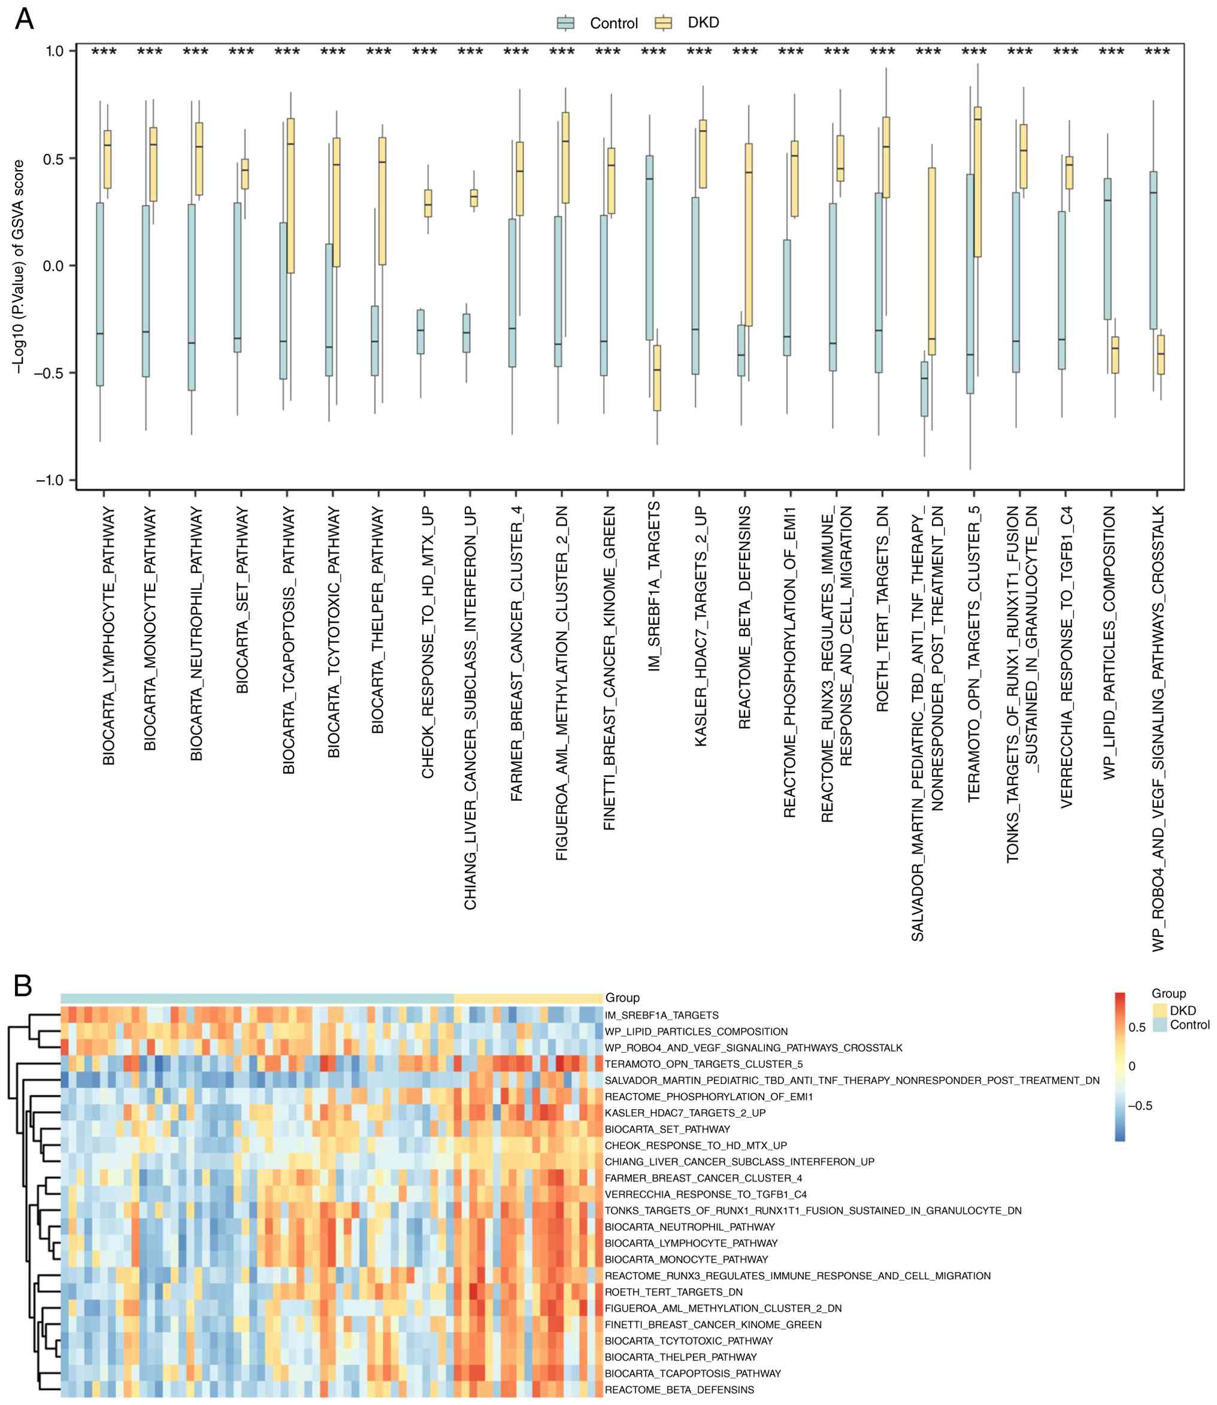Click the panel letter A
pos(25,19)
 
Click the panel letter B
pos(23,985)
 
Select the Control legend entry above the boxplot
pos(598,23)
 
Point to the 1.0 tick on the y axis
pos(55,51)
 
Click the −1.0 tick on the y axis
pos(49,480)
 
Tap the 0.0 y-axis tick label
pos(55,265)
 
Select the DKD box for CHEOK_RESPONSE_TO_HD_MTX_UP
pos(428,203)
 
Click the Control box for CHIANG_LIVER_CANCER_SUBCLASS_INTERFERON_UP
pos(467,333)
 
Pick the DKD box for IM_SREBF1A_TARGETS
pos(657,377)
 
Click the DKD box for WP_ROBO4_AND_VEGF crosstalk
pos(1161,355)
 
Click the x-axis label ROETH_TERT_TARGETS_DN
pos(882,608)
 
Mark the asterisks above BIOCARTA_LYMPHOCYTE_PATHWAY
pos(104,52)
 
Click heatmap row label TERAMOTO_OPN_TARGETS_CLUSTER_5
pos(704,1064)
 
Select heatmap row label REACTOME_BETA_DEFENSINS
pos(679,1389)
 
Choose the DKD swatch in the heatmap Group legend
pos(1160,1010)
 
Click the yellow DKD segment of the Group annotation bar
pos(528,998)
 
